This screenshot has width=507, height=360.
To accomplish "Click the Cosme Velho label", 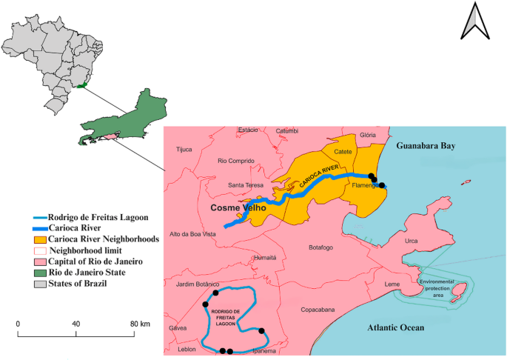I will coord(238,208).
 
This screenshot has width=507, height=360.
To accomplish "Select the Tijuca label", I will coord(183,149).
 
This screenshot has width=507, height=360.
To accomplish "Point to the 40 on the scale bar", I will coord(75,324).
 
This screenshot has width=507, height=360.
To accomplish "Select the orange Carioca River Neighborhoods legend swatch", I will coord(39,240).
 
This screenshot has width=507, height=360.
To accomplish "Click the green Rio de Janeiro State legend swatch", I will coord(39,272).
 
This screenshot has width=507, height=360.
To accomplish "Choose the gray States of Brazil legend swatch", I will coord(39,283).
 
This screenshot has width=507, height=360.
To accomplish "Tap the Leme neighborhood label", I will coord(393,284).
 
